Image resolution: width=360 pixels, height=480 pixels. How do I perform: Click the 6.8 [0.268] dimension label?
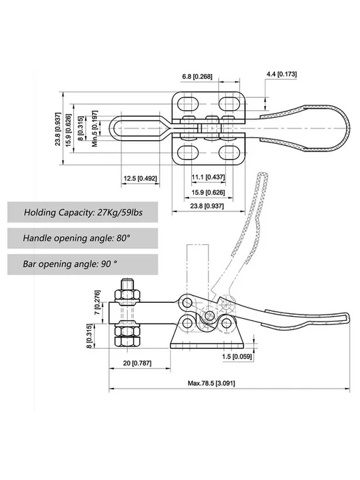pyautogui.click(x=197, y=76)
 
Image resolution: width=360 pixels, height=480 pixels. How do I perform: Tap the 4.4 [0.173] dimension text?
pyautogui.click(x=282, y=74)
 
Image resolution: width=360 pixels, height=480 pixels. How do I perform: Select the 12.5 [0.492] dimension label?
pyautogui.click(x=140, y=178)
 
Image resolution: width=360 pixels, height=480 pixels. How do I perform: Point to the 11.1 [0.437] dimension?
pyautogui.click(x=208, y=177)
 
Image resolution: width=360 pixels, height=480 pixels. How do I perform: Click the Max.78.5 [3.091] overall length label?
pyautogui.click(x=211, y=383)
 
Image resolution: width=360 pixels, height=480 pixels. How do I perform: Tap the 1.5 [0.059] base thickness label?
pyautogui.click(x=237, y=357)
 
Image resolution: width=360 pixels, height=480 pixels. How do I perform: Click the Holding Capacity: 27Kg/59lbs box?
pyautogui.click(x=82, y=212)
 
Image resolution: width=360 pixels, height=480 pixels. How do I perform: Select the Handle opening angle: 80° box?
pyautogui.click(x=82, y=238)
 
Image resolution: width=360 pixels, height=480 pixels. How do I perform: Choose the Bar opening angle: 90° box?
pyautogui.click(x=82, y=264)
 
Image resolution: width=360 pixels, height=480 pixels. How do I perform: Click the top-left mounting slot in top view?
pyautogui.click(x=188, y=104)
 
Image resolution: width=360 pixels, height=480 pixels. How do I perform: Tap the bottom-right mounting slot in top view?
pyautogui.click(x=230, y=152)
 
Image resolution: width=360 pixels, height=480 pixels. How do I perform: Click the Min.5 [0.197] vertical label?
pyautogui.click(x=95, y=128)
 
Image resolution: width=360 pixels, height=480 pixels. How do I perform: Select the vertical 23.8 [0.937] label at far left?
pyautogui.click(x=58, y=129)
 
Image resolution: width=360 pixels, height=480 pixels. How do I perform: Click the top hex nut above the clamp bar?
pyautogui.click(x=127, y=295)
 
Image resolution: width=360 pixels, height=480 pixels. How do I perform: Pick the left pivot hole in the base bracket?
pyautogui.click(x=187, y=323)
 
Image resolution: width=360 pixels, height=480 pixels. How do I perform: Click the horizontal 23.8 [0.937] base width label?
pyautogui.click(x=207, y=206)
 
